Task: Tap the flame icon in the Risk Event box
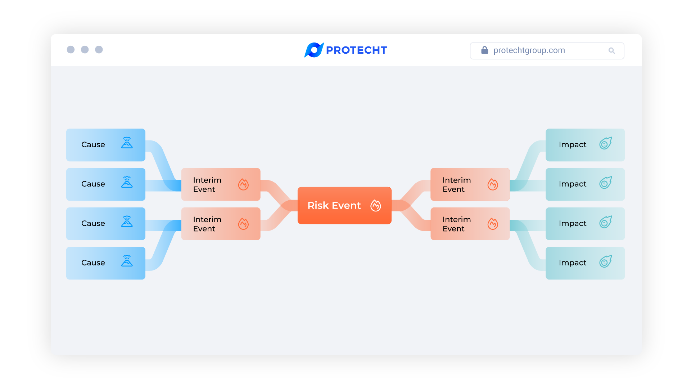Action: (376, 206)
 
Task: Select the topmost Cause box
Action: (105, 145)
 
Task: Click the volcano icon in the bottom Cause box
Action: (127, 261)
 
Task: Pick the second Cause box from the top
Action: (105, 184)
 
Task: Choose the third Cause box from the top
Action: (105, 224)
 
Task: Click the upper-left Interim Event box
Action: (221, 184)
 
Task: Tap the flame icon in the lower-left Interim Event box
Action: (243, 224)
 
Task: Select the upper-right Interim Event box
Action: (470, 184)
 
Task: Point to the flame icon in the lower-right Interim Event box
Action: (493, 224)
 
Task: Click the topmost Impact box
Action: (585, 145)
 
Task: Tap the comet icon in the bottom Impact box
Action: (606, 261)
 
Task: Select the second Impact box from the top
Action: (585, 184)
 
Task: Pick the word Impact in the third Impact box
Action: (572, 224)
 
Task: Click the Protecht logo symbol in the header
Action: (314, 50)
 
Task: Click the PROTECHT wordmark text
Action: (356, 50)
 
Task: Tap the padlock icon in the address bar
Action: (485, 50)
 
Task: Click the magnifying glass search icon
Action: (611, 50)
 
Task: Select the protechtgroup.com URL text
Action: (529, 50)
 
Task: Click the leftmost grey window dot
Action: (71, 50)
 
